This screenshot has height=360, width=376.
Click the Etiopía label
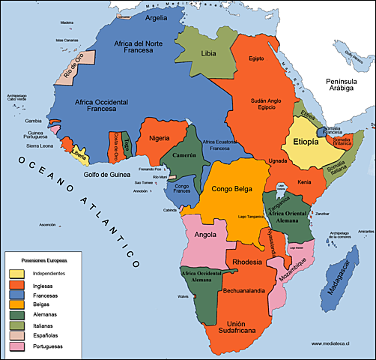pyautogui.click(x=306, y=142)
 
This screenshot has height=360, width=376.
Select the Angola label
pyautogui.click(x=204, y=234)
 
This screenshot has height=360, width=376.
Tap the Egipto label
pyautogui.click(x=257, y=58)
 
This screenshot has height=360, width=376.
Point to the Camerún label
pyautogui.click(x=184, y=155)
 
